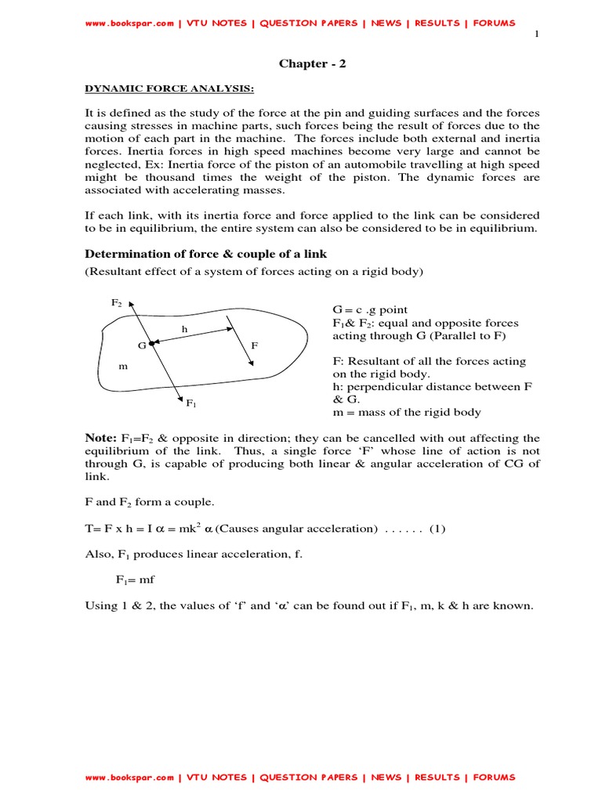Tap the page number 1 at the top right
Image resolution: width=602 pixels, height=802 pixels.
(x=536, y=35)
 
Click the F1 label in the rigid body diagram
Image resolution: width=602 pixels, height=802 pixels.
(x=190, y=403)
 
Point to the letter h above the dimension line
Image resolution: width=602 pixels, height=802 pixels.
(x=184, y=330)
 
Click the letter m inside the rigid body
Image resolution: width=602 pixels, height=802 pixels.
(x=122, y=366)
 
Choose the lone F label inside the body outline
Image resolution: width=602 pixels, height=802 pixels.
(x=254, y=345)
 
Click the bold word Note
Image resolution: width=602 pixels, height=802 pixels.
(x=100, y=439)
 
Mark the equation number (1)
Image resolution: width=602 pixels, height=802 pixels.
(x=437, y=529)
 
